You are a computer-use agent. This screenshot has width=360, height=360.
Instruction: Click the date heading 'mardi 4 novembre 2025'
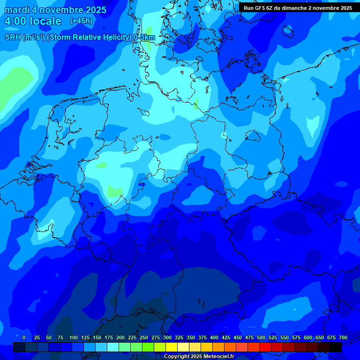pos(55,10)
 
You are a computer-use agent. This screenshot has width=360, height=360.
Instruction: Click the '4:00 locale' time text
pos(32,21)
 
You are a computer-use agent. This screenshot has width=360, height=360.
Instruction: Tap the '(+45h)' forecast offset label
pos(81,21)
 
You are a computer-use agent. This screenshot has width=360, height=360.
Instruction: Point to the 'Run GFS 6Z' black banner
pos(298,7)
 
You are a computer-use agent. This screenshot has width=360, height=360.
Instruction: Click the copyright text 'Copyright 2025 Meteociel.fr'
pos(199,357)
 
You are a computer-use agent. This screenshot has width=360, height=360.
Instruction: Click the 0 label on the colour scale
pos(24,337)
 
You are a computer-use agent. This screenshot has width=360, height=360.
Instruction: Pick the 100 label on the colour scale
pos(74,337)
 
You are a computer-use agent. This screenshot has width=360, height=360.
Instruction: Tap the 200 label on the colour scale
pos(120,337)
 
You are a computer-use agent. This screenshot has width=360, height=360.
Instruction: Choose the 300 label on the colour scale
pos(167,337)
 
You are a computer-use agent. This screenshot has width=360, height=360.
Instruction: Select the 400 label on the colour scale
pos(214,337)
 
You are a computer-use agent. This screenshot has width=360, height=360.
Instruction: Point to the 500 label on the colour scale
pos(261,337)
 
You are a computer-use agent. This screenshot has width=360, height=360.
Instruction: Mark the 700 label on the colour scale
pos(343,337)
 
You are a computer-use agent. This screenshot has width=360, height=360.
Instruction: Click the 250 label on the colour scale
pos(144,337)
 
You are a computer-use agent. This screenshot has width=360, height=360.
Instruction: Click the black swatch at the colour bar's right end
pos(336,347)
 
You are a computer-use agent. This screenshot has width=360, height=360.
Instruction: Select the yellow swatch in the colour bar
pos(172,347)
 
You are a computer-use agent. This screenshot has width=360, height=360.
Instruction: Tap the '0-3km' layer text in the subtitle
pos(144,37)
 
